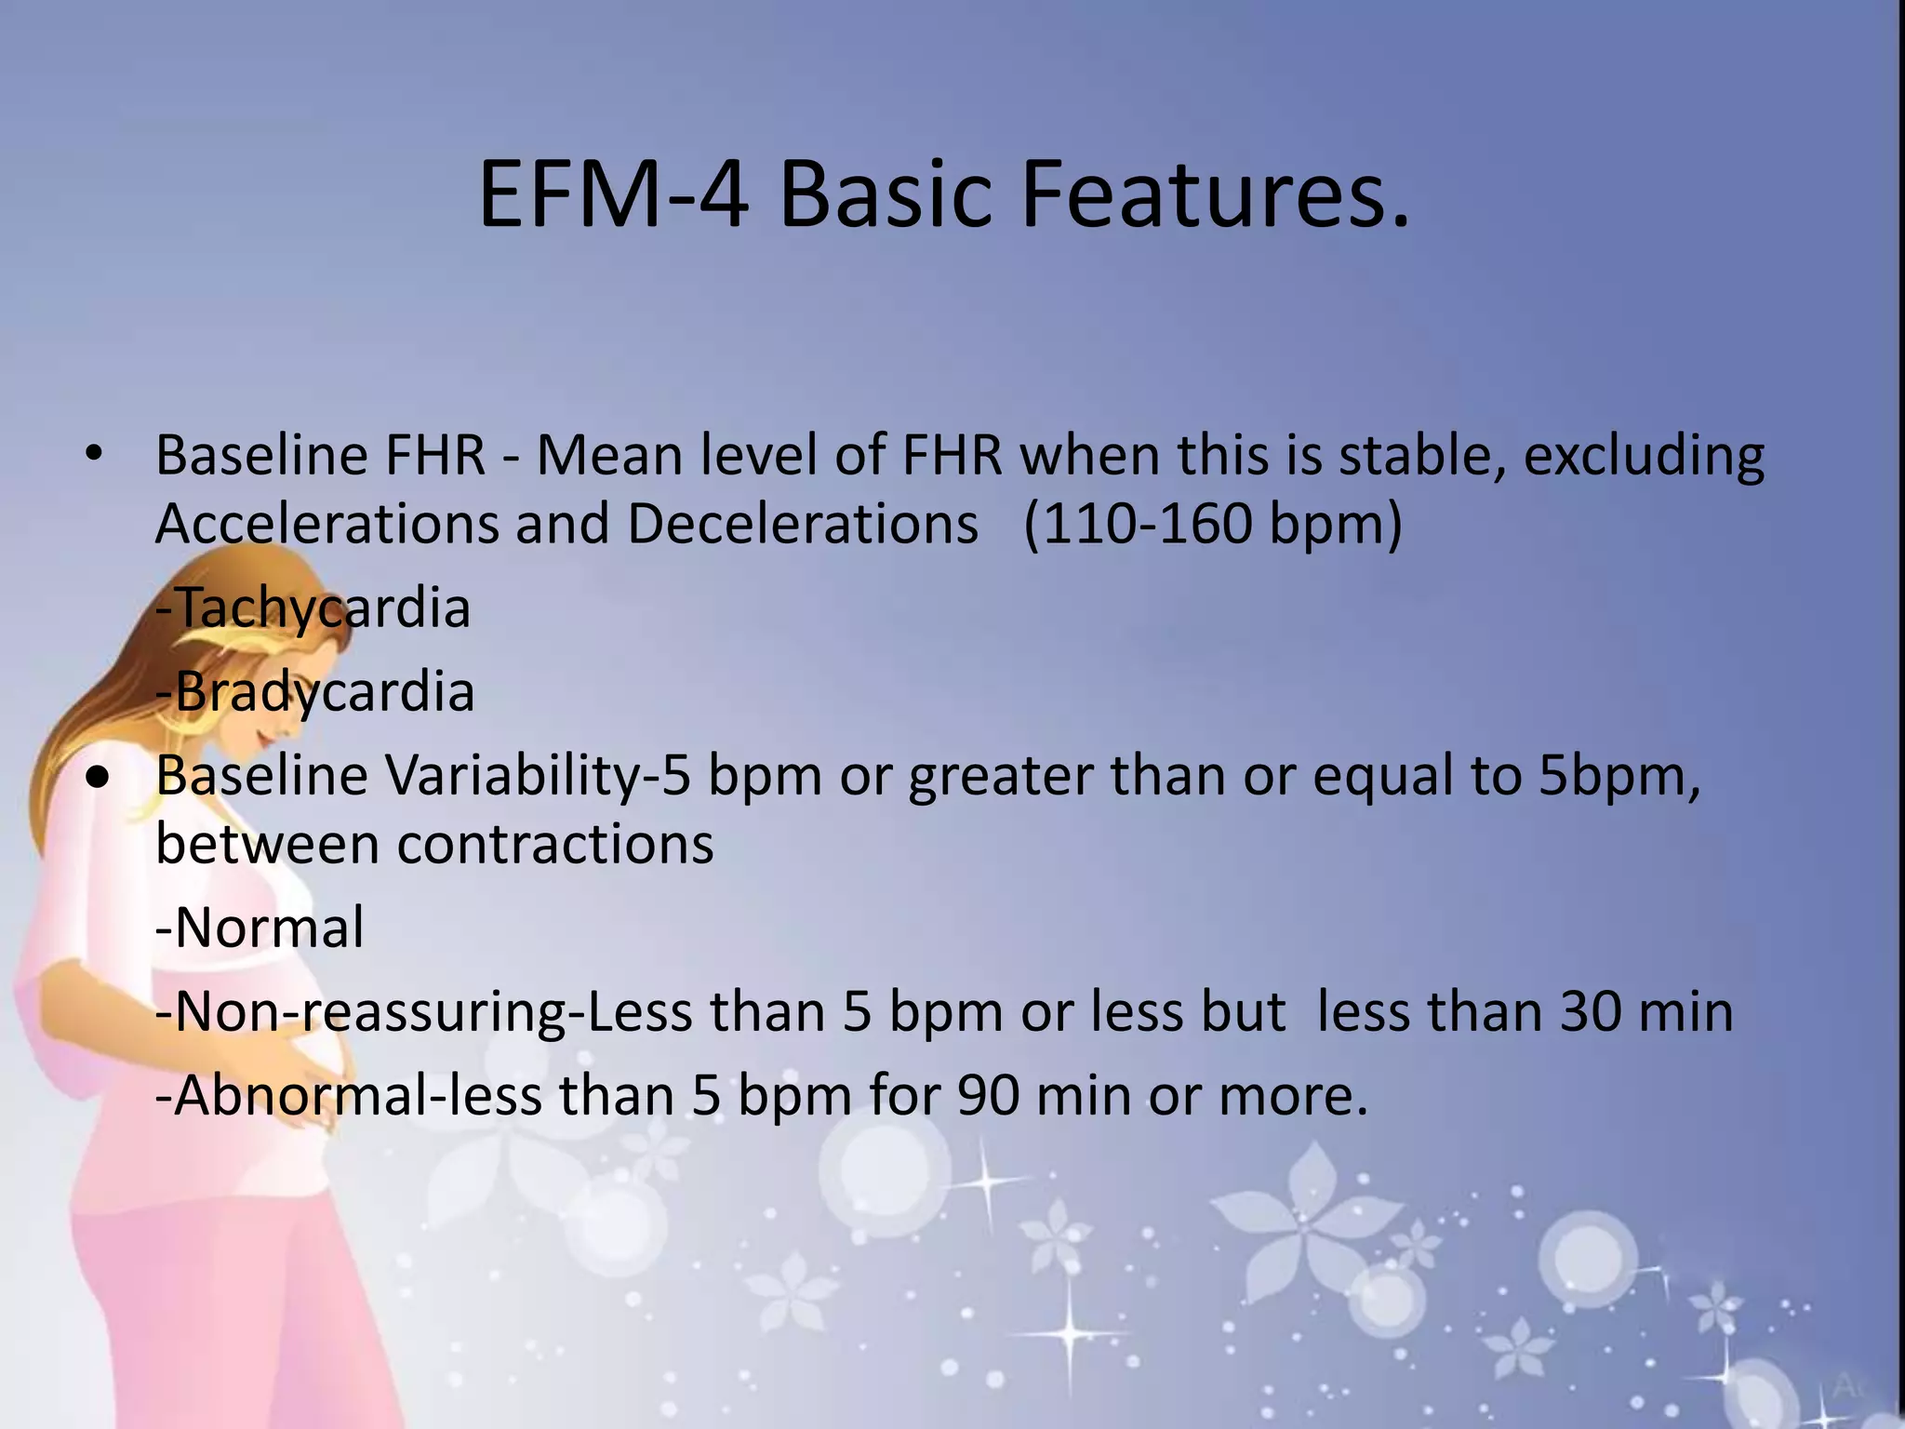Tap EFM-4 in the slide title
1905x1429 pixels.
[x=613, y=195]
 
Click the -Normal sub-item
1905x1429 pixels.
[x=260, y=928]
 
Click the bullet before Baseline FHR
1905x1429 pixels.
[x=93, y=455]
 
